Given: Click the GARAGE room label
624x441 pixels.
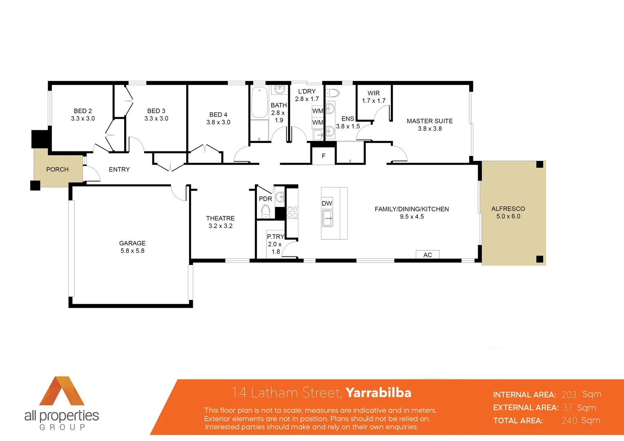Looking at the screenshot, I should click(132, 243).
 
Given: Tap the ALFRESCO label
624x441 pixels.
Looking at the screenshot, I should click(508, 209).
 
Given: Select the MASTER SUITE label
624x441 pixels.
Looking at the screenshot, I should click(430, 121).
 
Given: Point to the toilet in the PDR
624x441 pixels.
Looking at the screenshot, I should click(265, 212).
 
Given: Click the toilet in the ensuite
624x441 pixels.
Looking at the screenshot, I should click(332, 93).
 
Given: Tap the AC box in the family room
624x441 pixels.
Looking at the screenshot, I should click(428, 255).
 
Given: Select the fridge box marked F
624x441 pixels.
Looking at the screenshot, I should click(323, 156).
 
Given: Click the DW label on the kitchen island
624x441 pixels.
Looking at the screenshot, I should click(327, 203).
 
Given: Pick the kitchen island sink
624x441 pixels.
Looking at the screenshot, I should click(327, 218).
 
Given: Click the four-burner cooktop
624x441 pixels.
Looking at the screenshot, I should click(292, 212).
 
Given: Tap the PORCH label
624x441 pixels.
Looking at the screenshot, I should click(57, 169).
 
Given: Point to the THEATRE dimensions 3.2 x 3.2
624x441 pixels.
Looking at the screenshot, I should click(221, 226).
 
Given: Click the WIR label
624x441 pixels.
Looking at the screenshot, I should click(374, 93).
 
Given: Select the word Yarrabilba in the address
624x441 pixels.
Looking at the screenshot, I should click(378, 392).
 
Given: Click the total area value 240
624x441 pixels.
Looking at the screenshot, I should click(569, 421).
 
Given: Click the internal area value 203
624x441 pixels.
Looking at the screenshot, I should click(569, 394).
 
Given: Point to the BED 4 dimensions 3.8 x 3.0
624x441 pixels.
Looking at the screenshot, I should click(218, 122).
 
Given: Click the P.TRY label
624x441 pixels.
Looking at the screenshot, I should click(275, 236).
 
